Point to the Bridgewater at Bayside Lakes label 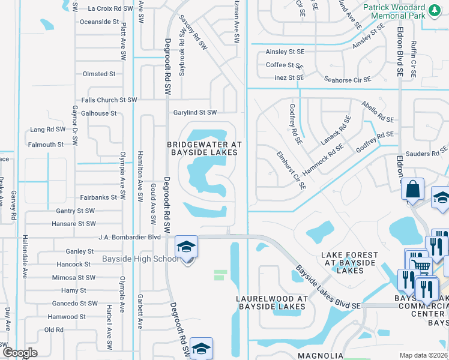click(x=203, y=148)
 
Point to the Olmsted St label click(x=99, y=74)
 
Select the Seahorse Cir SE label click(x=347, y=79)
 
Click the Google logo click(x=20, y=353)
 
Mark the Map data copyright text click(x=423, y=355)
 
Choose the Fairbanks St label click(x=98, y=197)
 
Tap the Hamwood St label click(x=67, y=317)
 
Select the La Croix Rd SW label click(x=110, y=9)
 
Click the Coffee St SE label click(x=284, y=65)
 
